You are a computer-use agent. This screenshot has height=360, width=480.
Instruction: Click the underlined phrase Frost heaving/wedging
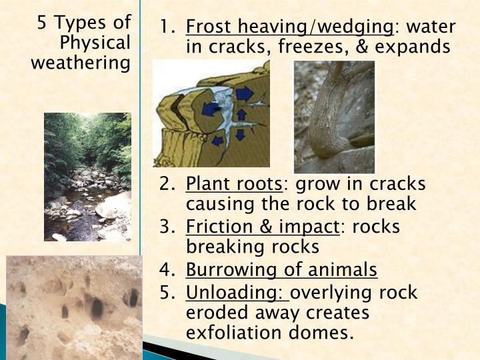coord(289,27)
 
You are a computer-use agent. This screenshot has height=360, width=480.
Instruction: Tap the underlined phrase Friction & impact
coord(263,227)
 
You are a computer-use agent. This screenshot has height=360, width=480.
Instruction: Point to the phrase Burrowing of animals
coord(281,270)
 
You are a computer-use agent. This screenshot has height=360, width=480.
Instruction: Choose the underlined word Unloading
coord(235,292)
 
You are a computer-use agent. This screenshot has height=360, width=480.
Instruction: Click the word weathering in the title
coord(81,63)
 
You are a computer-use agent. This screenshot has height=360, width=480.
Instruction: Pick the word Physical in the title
coord(95,43)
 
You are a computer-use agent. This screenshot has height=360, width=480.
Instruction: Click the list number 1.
coord(167,27)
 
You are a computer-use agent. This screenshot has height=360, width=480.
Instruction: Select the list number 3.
coord(167,227)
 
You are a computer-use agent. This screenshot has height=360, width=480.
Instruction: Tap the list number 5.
coord(167,292)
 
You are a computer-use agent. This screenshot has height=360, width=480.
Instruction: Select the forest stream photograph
coord(87,177)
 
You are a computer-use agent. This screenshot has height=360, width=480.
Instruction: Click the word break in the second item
coord(393,203)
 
